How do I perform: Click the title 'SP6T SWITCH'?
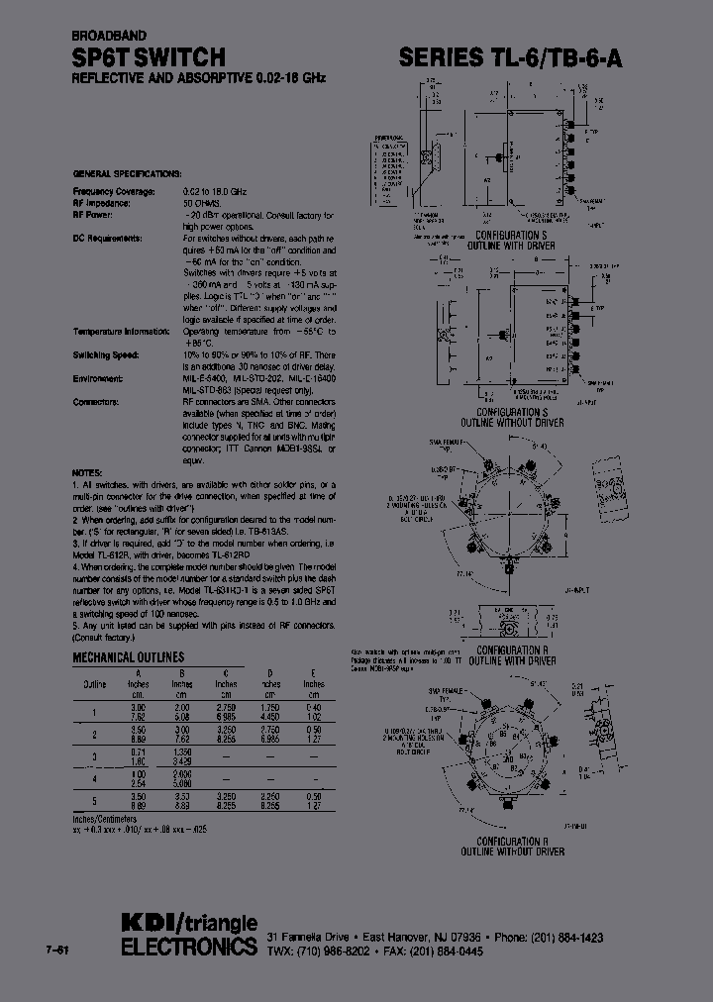(149, 57)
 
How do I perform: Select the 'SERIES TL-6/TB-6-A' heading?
(511, 58)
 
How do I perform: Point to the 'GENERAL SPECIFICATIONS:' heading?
(127, 172)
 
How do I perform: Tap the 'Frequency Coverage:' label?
(114, 189)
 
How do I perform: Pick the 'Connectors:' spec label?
(96, 401)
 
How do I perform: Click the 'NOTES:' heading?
(88, 474)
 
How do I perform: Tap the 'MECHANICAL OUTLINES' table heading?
(128, 656)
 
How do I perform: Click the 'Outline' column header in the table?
(95, 683)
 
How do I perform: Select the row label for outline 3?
(95, 757)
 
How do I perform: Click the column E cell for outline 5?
(313, 804)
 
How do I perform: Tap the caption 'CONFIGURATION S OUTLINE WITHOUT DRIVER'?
(520, 417)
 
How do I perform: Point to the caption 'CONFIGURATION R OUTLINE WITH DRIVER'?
(521, 655)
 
